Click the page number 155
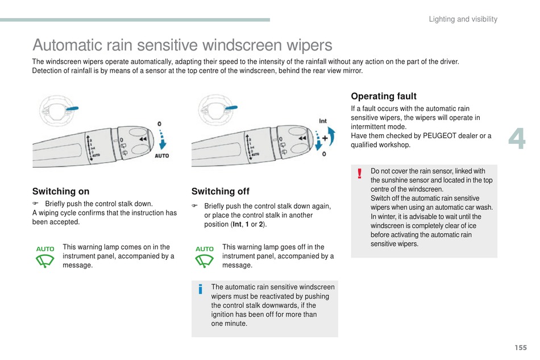[521, 347]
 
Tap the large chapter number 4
[517, 138]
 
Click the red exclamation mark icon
[360, 173]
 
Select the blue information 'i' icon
[200, 289]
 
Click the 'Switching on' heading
[61, 191]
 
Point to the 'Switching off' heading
[221, 191]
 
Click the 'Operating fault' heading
[384, 96]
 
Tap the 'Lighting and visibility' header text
[463, 19]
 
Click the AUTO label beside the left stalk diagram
[162, 156]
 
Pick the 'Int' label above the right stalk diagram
[323, 121]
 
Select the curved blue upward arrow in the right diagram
[331, 136]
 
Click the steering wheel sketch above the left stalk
[57, 110]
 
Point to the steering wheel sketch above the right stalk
[216, 110]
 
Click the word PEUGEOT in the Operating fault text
[445, 136]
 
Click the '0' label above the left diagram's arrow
[159, 123]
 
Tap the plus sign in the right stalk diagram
[325, 138]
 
